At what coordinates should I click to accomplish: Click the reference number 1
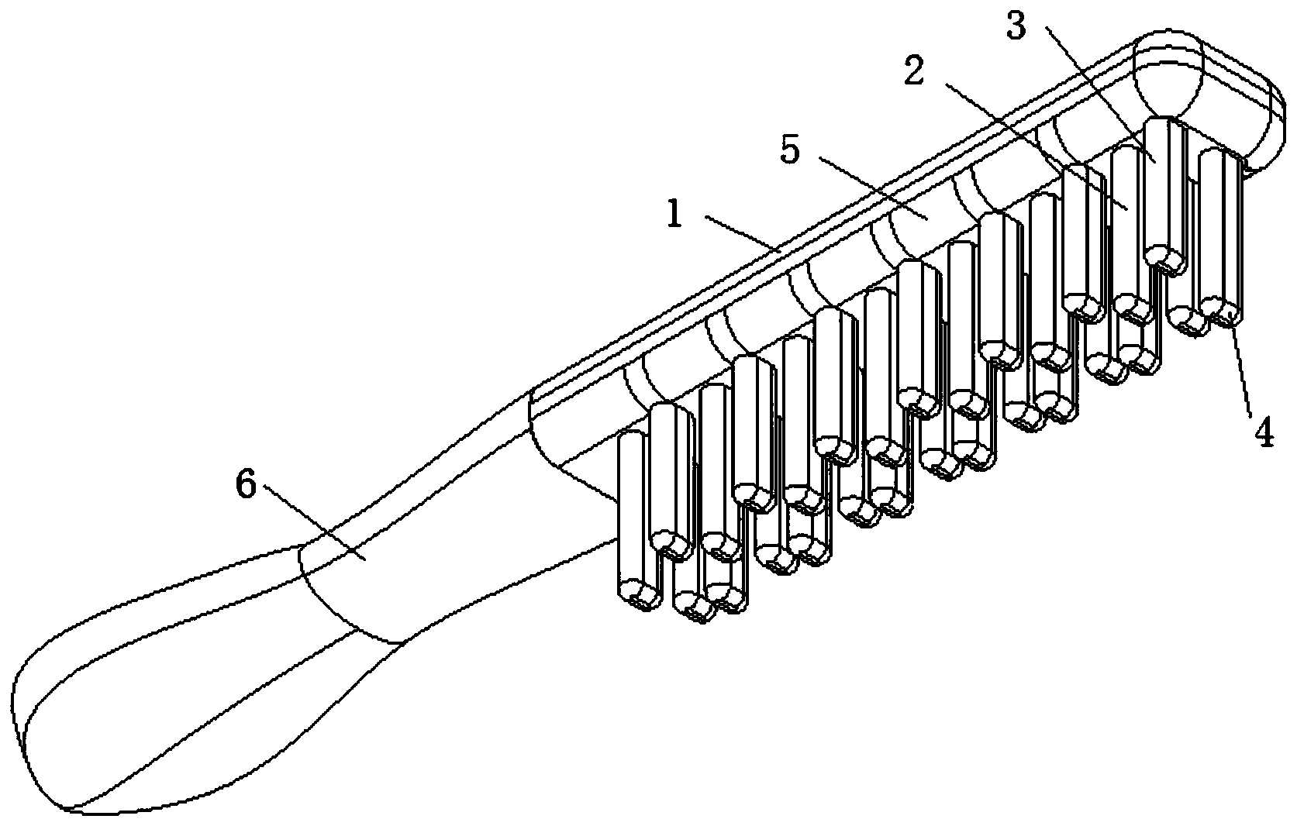click(x=674, y=214)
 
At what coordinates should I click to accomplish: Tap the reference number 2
click(x=916, y=71)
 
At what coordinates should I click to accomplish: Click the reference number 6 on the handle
click(x=246, y=486)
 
